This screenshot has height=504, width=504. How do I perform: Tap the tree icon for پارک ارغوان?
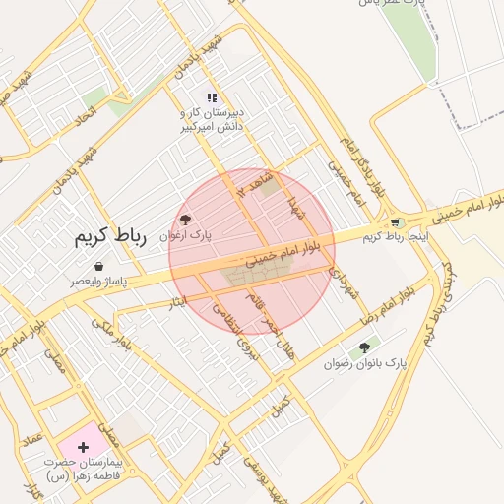186,219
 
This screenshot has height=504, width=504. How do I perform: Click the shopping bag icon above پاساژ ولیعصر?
99,266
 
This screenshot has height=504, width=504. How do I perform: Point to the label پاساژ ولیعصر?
98,282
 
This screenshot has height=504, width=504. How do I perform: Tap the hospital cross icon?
83,447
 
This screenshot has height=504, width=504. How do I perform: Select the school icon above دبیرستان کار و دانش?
212,96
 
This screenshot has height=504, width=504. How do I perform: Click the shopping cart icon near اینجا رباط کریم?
396,222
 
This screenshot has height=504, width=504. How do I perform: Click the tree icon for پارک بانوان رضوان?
365,347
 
